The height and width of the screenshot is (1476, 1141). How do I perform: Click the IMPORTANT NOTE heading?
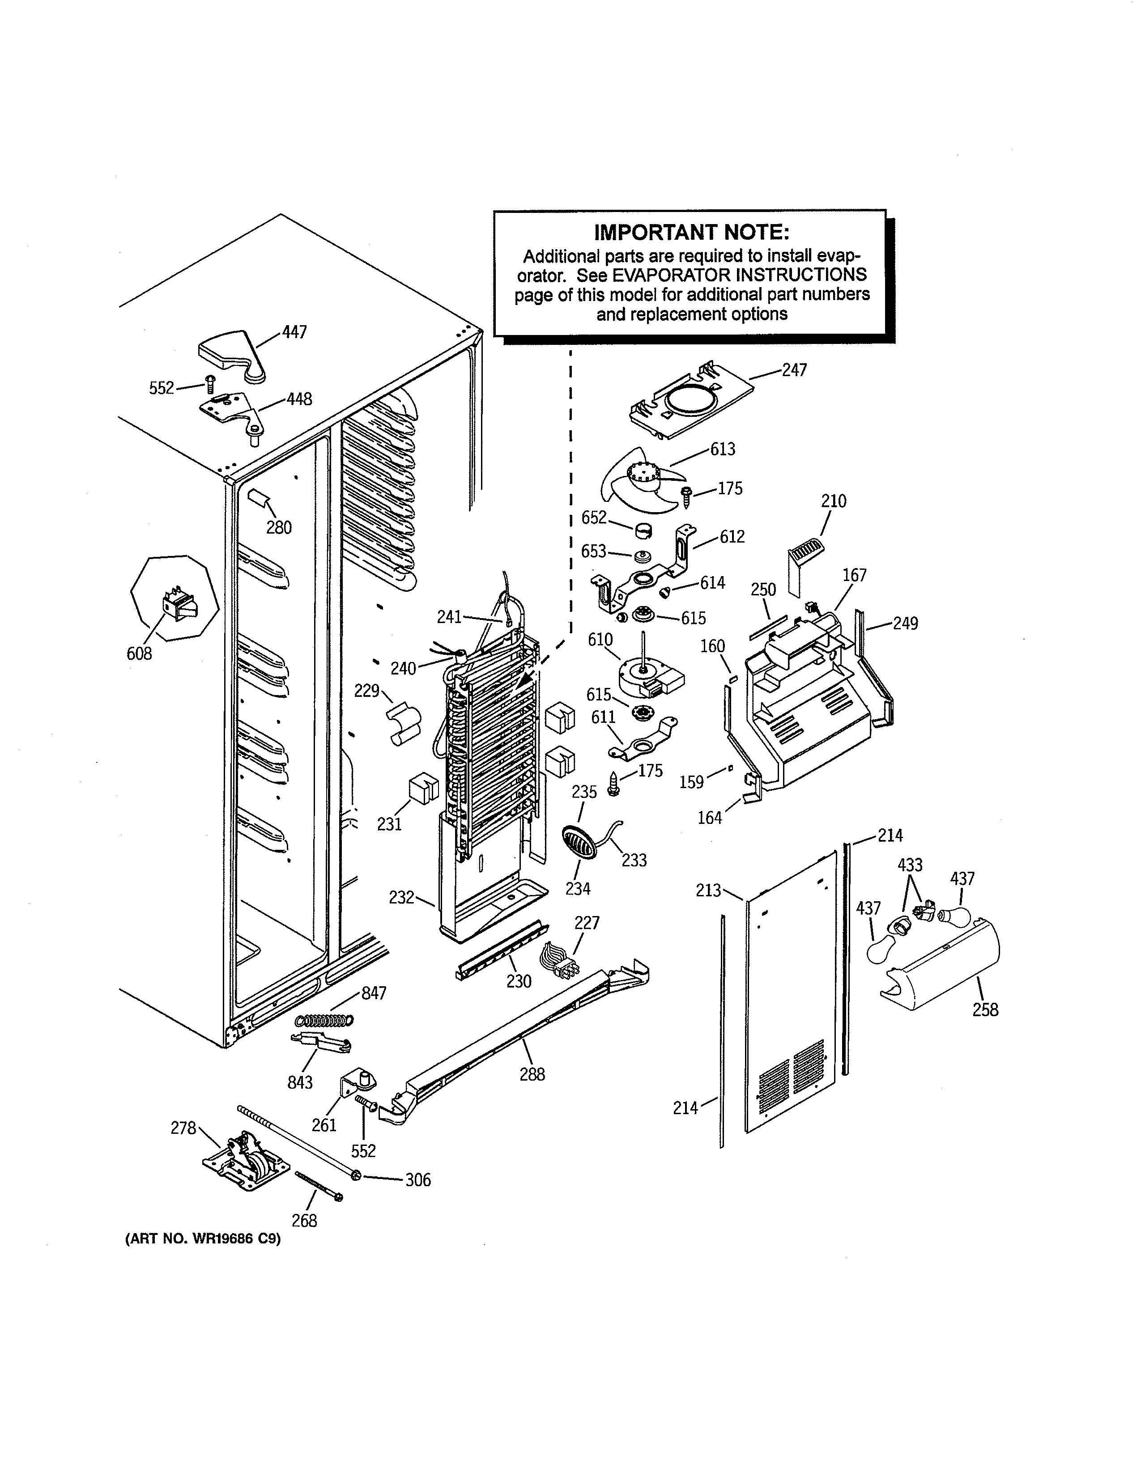pos(691,233)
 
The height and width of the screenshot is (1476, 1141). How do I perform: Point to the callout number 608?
pos(139,653)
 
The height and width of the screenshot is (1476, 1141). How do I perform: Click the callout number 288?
pos(532,1074)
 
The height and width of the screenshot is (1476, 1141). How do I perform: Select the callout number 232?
pos(401,898)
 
